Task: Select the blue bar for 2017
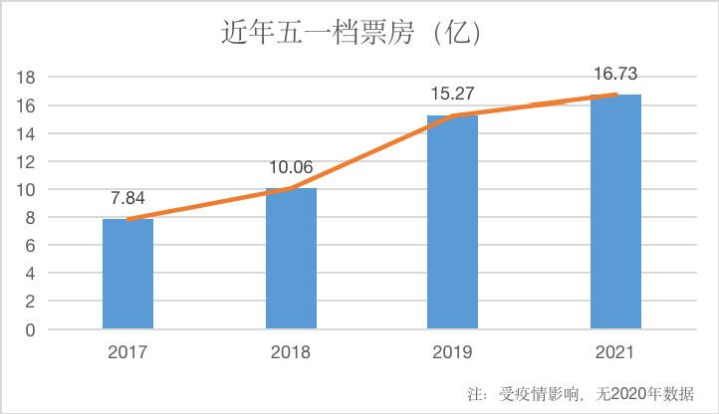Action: coord(127,274)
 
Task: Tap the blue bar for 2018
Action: coord(291,258)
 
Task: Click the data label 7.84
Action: coord(127,198)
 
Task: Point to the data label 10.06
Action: coord(291,167)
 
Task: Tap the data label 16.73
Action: coord(615,74)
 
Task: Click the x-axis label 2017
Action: coord(127,351)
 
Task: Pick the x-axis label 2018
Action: coord(291,351)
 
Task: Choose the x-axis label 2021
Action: coord(615,351)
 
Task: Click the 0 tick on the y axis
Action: coord(32,329)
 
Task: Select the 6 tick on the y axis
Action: coord(32,245)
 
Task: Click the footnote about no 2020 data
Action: coord(579,392)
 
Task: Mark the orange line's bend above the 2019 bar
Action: coord(452,115)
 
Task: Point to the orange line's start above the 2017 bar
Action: coord(127,219)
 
